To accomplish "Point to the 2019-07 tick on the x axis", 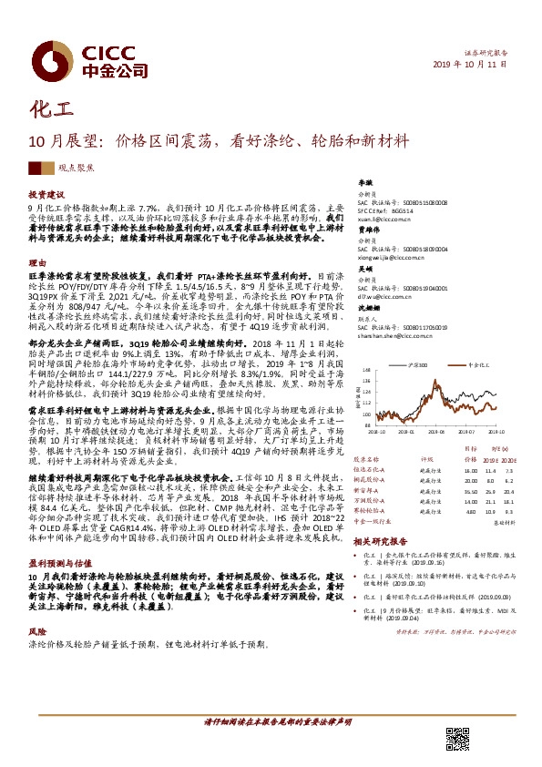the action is pos(465,434).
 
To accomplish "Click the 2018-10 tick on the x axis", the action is pos(375,434).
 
